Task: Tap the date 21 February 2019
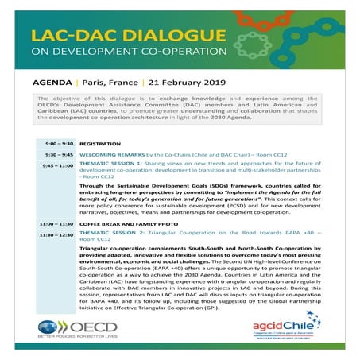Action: [176, 82]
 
